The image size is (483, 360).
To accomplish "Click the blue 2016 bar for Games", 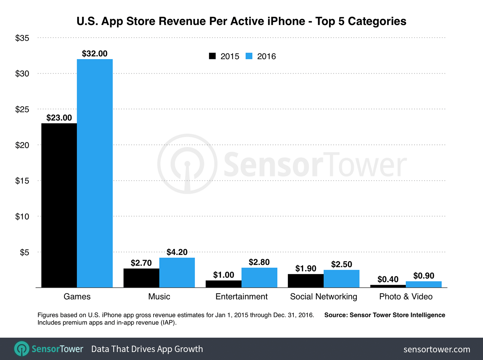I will click(x=95, y=173).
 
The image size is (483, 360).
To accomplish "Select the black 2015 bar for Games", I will click(x=59, y=205).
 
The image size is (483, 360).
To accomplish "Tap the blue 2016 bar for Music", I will click(x=177, y=273).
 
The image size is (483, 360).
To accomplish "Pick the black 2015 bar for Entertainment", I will click(x=224, y=284).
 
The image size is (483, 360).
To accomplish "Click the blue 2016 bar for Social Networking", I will click(x=341, y=279).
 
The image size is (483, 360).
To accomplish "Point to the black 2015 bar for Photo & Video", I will click(x=388, y=286).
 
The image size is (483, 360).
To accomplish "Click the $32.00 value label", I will click(x=95, y=54).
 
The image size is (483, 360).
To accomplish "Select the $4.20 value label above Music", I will click(x=177, y=252).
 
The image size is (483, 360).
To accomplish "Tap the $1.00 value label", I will click(x=224, y=275).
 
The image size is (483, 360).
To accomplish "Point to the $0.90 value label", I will click(x=424, y=276).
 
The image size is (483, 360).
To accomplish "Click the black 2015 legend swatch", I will click(x=212, y=56).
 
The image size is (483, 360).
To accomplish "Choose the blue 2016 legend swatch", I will click(x=249, y=56).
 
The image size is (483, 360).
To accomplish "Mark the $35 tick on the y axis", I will click(x=22, y=38).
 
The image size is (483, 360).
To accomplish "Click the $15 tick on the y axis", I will click(x=22, y=181).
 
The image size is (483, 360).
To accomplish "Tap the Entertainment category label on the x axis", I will click(x=241, y=296).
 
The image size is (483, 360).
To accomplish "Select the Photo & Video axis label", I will click(x=406, y=296).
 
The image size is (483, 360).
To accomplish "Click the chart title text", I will click(x=241, y=21).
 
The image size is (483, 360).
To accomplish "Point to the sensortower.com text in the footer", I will click(x=437, y=349).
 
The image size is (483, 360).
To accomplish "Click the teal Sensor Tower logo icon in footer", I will click(x=22, y=349).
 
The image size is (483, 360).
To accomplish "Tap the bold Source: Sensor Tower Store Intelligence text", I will click(x=385, y=315).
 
